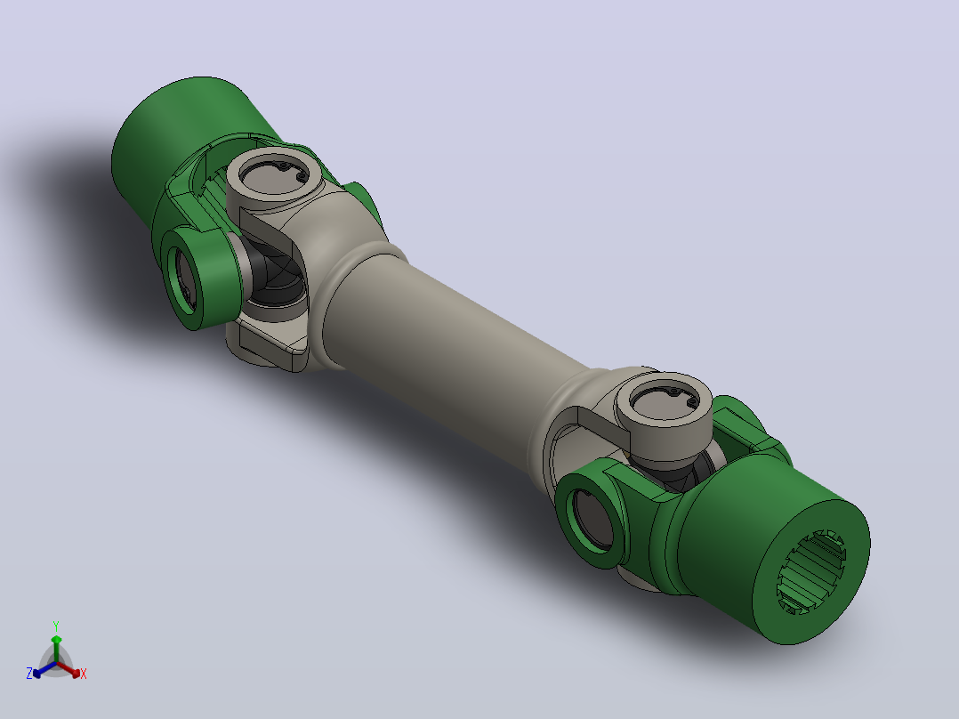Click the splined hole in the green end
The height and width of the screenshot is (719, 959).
point(811,571)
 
